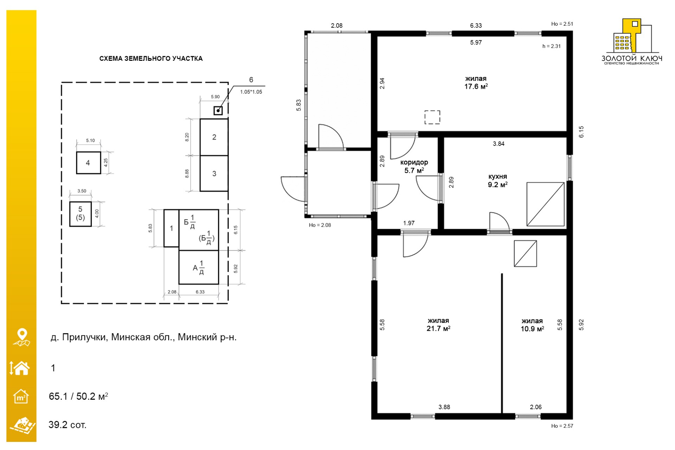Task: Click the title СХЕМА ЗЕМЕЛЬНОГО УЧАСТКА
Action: coord(151,58)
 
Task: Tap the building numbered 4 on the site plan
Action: coord(89,163)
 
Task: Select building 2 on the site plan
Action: coord(214,137)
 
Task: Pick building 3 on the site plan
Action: coord(214,173)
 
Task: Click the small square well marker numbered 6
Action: coord(218,111)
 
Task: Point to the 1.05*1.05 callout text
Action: coord(251,92)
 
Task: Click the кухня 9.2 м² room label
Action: coord(497,180)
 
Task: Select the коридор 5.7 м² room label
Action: coord(414,166)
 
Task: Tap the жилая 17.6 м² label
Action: coord(476,83)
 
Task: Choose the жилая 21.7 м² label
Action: coord(438,324)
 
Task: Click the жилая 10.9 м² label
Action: coord(532,325)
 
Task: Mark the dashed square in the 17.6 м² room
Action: coord(432,117)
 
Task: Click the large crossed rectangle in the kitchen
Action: coord(545,204)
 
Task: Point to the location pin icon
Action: coord(22,337)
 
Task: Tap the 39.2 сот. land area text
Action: coord(67,425)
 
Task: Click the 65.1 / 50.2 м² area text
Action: coord(78,396)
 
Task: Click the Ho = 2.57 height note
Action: coord(562,426)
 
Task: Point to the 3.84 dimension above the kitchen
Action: coord(499,143)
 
